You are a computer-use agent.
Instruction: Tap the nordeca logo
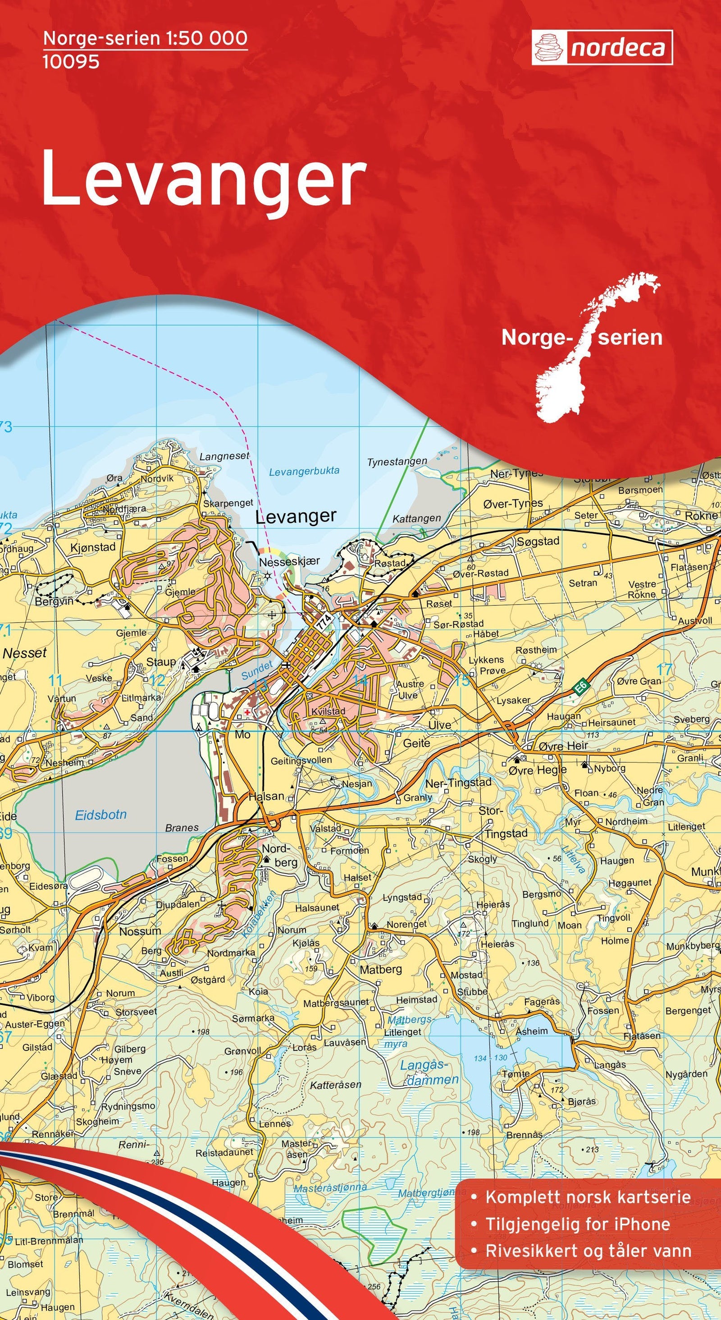tap(602, 48)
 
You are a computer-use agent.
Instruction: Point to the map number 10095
tap(71, 62)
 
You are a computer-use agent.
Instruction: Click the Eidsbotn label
tap(100, 814)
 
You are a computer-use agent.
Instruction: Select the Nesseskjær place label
tap(289, 562)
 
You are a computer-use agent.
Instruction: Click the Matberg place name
tap(380, 970)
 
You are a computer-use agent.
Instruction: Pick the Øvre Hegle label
tap(538, 770)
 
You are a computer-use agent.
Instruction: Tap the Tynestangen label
tap(397, 461)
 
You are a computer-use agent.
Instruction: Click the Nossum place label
tap(140, 930)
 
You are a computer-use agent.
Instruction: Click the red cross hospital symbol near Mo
tap(248, 713)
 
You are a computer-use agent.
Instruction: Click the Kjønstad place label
tap(93, 547)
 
